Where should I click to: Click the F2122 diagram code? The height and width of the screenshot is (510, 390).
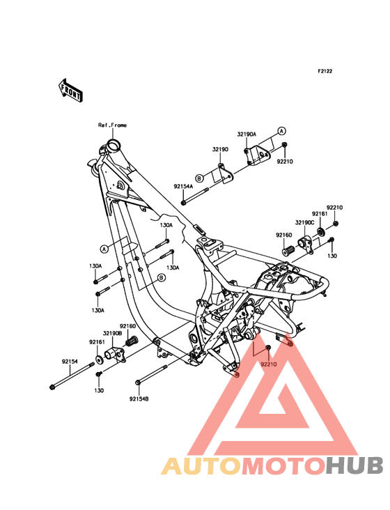(325, 71)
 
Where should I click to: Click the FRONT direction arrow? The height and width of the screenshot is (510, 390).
(70, 90)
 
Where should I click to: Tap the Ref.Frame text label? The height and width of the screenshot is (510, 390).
(112, 125)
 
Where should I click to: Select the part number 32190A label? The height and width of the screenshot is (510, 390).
(247, 134)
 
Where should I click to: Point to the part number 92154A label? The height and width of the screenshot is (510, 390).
(183, 186)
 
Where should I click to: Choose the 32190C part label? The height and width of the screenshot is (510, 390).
(304, 222)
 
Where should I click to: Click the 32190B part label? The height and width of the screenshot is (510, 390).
(112, 334)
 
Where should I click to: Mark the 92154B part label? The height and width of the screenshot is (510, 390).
(139, 399)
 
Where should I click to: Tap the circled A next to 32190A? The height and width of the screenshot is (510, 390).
(281, 131)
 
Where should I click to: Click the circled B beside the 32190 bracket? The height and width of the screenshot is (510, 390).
(199, 178)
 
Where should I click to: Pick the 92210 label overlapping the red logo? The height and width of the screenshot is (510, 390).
(268, 364)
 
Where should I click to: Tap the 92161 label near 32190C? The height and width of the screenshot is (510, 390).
(320, 214)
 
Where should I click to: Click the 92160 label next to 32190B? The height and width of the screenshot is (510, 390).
(127, 326)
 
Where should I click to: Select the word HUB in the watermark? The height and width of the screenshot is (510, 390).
(355, 465)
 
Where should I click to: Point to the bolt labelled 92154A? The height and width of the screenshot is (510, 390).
(194, 196)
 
